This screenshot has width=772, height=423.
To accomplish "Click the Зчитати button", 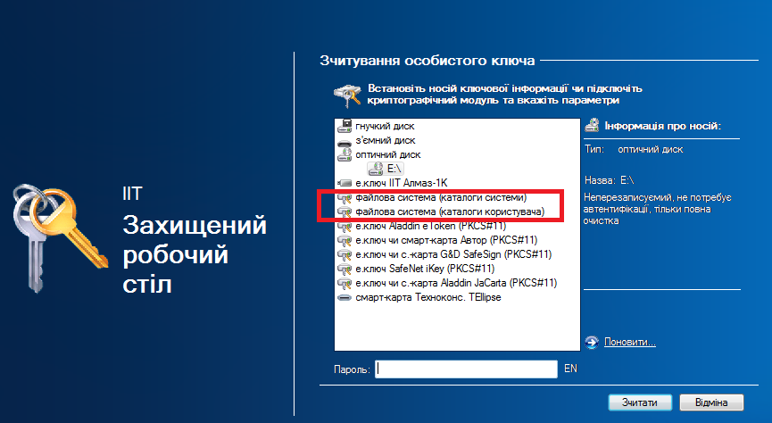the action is [x=640, y=402].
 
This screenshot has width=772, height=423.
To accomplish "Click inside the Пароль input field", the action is [x=466, y=369].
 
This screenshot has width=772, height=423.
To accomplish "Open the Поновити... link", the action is [x=630, y=342].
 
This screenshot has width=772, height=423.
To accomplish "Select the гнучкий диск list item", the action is [x=385, y=126].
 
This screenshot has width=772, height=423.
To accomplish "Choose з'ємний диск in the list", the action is [x=385, y=140].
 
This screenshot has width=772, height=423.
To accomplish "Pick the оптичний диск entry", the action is [x=388, y=154].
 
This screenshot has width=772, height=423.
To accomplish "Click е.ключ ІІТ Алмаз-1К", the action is [x=402, y=183].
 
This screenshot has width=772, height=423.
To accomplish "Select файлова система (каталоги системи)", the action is [x=441, y=197].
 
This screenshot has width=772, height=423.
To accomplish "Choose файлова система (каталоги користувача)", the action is [x=450, y=211].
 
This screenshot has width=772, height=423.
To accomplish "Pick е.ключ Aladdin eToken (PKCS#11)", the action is [x=430, y=226].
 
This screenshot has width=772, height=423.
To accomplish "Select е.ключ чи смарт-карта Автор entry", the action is [x=446, y=240].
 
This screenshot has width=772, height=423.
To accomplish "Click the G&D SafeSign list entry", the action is [x=453, y=254].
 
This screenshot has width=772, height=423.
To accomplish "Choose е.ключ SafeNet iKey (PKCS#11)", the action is [x=425, y=269].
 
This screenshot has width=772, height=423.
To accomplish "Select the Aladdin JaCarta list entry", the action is [x=456, y=283].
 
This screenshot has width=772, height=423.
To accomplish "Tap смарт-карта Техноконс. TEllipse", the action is [x=428, y=297].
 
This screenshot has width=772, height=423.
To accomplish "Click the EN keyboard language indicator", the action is [x=570, y=369].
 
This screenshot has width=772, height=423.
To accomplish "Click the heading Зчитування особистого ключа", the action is [x=427, y=61].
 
